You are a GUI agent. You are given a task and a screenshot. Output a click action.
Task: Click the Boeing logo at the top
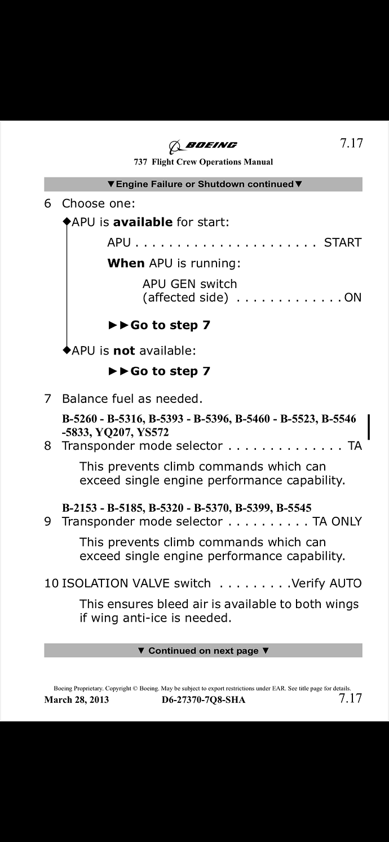(x=204, y=146)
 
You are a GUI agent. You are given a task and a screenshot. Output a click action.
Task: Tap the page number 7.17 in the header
(x=351, y=143)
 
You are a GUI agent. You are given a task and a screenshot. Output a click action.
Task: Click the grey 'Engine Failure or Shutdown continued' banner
(x=203, y=184)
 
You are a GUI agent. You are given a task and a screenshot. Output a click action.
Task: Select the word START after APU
(x=342, y=243)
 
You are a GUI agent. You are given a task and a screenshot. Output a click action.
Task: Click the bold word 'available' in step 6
(x=143, y=222)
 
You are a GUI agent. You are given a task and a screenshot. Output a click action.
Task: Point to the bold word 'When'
(x=126, y=263)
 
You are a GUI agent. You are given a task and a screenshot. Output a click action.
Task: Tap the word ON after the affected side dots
(x=352, y=298)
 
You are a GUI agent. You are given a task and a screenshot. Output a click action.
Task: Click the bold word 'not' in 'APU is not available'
(x=124, y=351)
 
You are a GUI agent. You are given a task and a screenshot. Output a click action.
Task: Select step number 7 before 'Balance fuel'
(x=47, y=399)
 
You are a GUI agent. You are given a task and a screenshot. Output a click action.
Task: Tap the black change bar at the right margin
(x=369, y=426)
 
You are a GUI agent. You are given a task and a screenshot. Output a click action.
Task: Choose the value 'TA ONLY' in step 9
(x=337, y=521)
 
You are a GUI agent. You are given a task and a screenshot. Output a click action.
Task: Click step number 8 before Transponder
(x=47, y=446)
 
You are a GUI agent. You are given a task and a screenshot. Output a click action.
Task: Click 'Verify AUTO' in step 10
(x=326, y=583)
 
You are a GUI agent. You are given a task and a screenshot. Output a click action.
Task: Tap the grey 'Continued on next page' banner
(x=203, y=650)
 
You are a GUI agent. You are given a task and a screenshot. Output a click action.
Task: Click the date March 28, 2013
(x=77, y=700)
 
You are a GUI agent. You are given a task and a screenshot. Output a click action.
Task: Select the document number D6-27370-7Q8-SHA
(x=203, y=700)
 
